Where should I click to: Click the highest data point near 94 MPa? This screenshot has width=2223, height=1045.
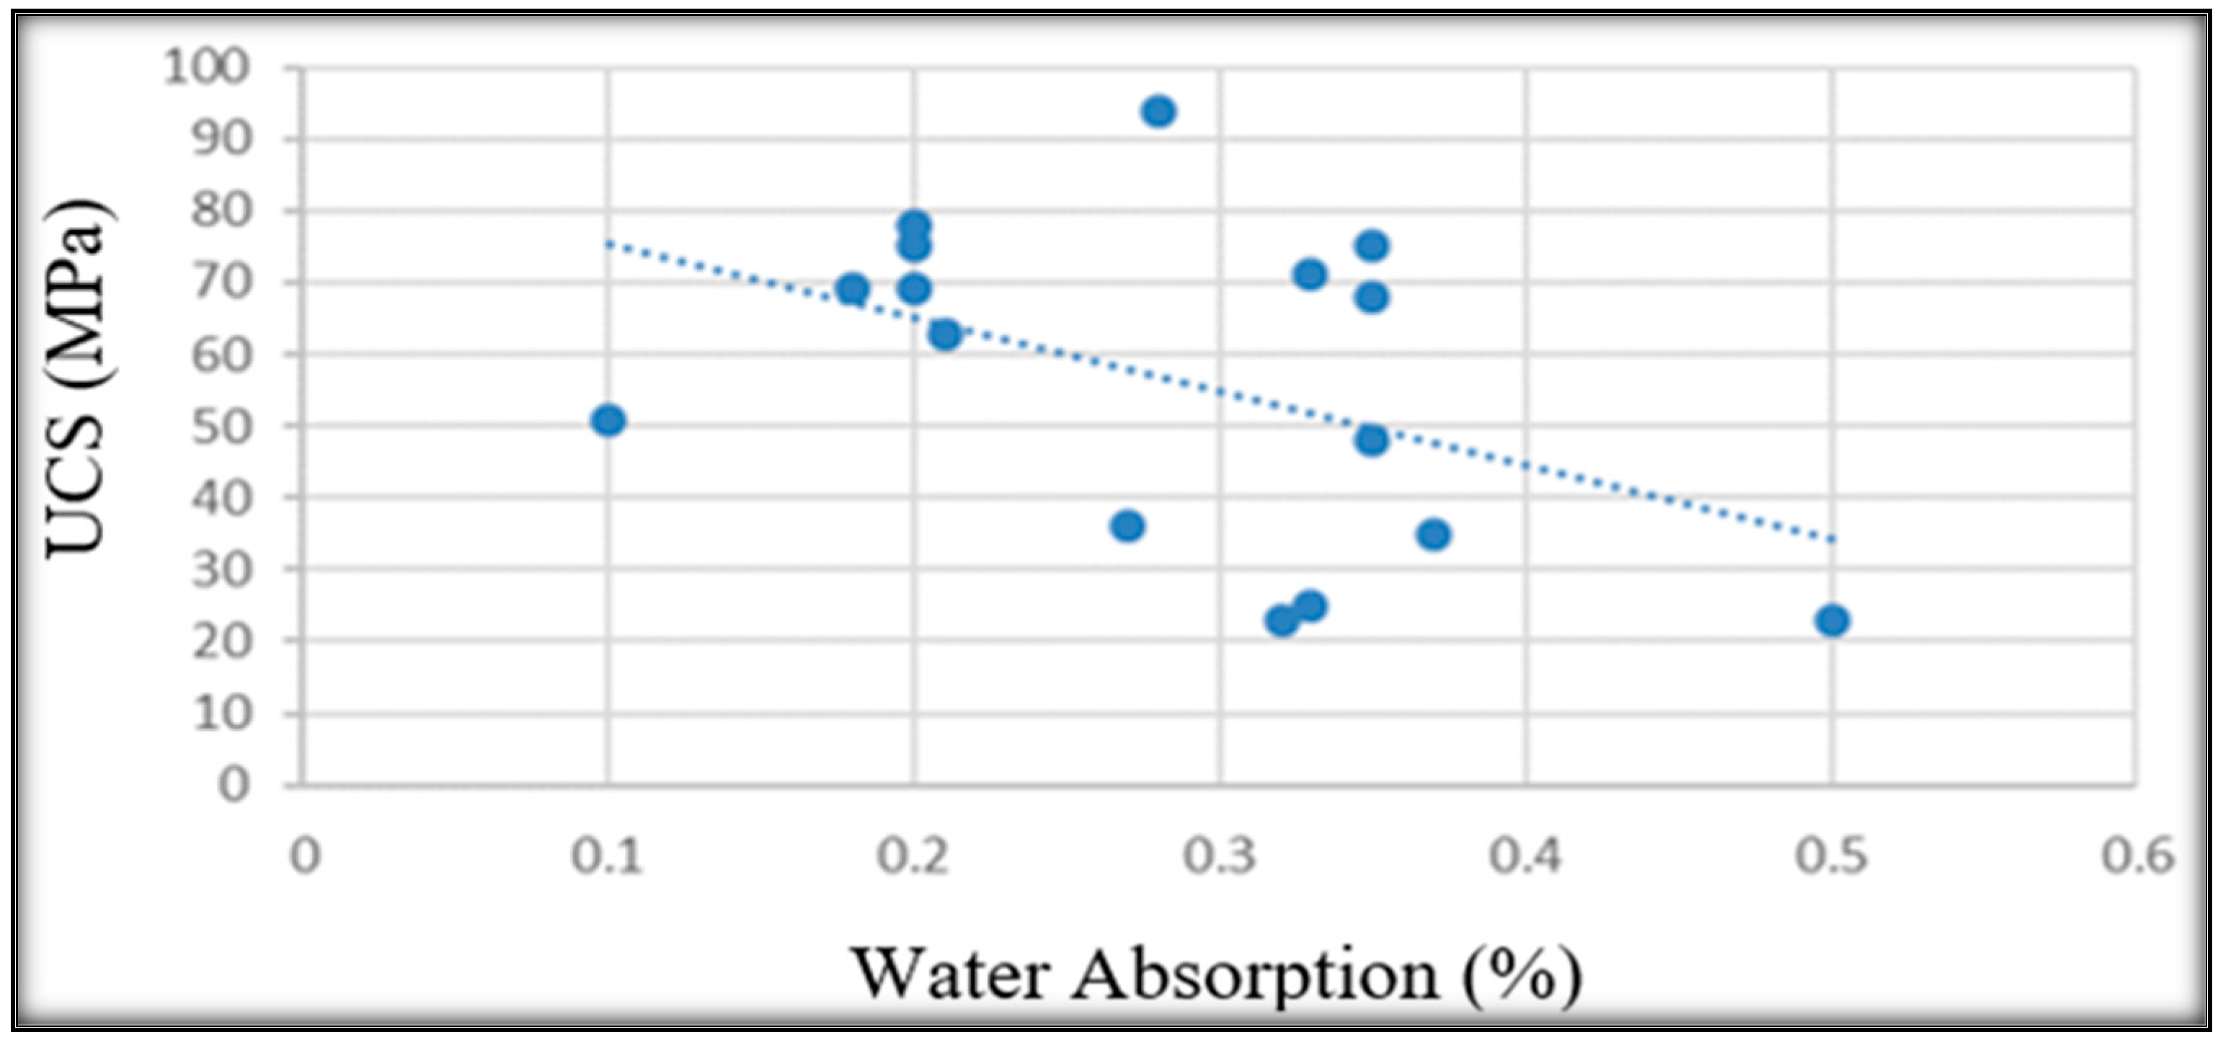(1158, 111)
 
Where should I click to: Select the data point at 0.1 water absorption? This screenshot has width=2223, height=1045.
(608, 420)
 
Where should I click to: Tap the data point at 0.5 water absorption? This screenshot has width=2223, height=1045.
(1831, 621)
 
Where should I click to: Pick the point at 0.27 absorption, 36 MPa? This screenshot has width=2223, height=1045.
(1127, 525)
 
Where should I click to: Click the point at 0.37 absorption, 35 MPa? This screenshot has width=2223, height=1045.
(1434, 534)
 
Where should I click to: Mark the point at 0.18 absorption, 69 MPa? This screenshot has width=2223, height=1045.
(853, 288)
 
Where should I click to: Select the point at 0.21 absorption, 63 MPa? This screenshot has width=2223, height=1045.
(945, 334)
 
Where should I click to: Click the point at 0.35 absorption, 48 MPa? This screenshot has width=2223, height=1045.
(1371, 440)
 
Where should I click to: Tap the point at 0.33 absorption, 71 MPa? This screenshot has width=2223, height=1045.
(1310, 275)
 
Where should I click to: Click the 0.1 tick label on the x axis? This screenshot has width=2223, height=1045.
(607, 858)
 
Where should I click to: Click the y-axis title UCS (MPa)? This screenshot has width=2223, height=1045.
(78, 380)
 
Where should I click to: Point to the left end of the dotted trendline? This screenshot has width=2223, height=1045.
(608, 244)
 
